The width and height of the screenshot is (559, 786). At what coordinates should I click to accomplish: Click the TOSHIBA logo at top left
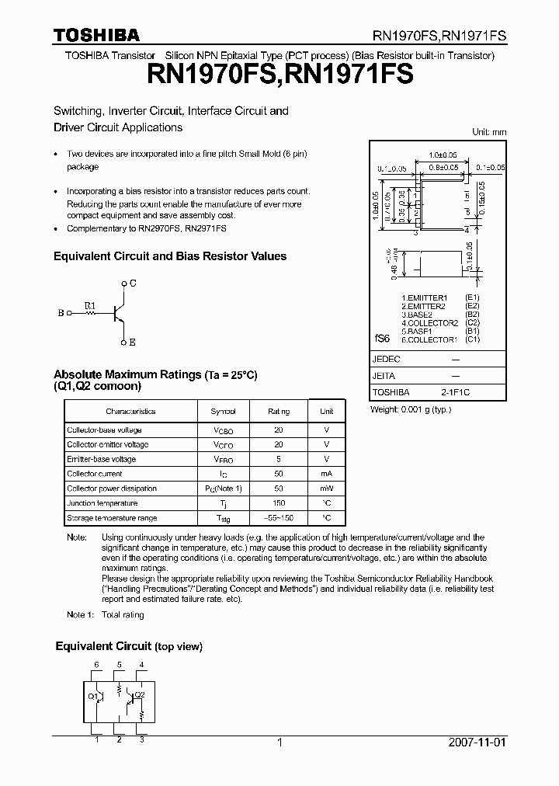[96, 35]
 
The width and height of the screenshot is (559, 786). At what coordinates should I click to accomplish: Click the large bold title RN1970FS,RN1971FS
[279, 74]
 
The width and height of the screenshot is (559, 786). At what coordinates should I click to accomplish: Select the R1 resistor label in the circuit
[90, 305]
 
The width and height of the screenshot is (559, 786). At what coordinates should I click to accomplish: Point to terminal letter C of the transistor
[133, 283]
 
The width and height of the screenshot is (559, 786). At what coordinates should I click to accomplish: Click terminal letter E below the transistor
[133, 342]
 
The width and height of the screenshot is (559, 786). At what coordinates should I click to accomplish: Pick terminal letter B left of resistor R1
[61, 314]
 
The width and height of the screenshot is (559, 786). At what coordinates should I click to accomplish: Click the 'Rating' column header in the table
[279, 412]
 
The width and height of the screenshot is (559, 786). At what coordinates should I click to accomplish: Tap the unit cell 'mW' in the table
[327, 489]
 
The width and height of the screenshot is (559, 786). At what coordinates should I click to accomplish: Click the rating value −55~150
[279, 518]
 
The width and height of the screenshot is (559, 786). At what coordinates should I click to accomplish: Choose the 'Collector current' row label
[94, 474]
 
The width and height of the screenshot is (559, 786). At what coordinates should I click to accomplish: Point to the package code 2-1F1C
[455, 393]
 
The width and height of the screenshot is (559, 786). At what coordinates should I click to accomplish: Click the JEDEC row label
[387, 360]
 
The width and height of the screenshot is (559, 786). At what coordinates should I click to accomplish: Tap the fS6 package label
[382, 340]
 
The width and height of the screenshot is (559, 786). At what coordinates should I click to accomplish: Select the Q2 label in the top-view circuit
[140, 694]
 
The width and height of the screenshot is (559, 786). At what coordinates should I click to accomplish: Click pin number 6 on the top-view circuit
[96, 664]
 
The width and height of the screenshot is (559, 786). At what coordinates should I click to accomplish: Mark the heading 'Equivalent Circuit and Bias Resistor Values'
[169, 256]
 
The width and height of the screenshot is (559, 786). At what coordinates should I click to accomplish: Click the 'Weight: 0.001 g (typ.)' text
[411, 409]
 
